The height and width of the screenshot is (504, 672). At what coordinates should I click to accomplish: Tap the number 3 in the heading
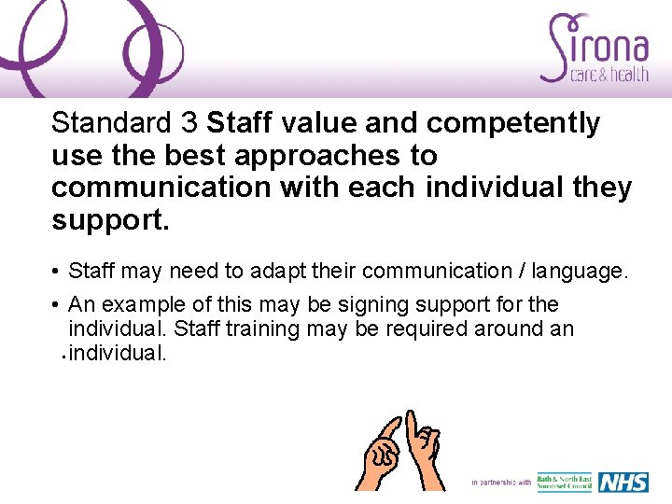[x=190, y=123]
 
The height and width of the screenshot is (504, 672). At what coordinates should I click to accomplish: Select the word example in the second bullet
[x=144, y=305]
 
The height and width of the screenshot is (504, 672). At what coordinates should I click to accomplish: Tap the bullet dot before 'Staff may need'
[x=57, y=273]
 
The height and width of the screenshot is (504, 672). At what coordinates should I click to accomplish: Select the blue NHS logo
[x=623, y=483]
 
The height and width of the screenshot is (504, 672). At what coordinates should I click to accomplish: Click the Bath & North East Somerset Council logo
[x=564, y=483]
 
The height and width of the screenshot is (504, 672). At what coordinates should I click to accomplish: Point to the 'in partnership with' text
[x=501, y=483]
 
